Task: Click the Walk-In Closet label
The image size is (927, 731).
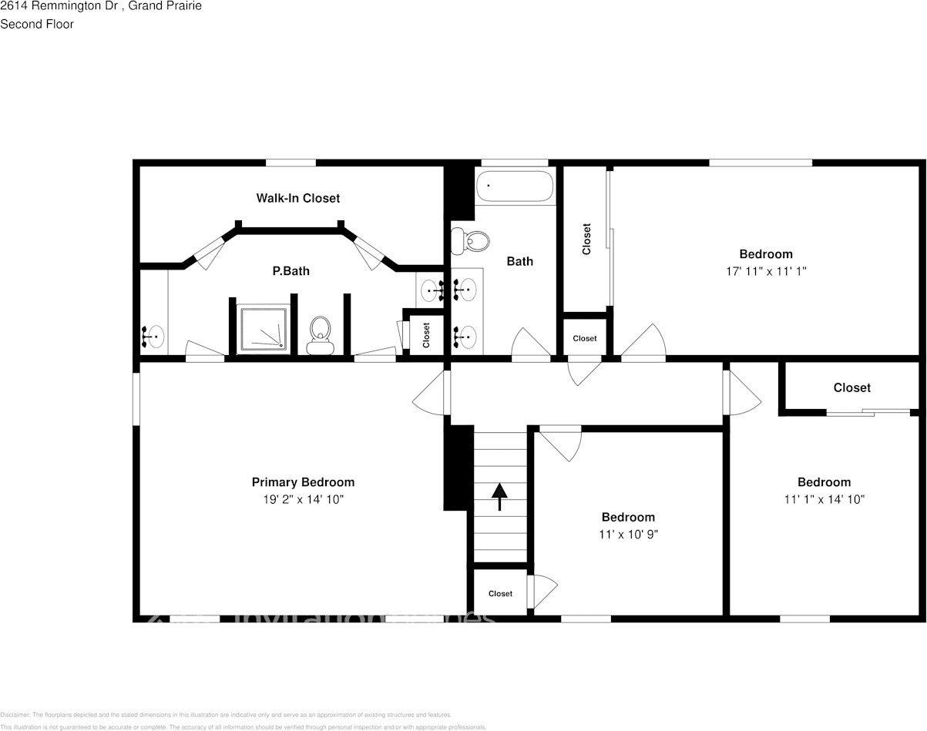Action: point(297,198)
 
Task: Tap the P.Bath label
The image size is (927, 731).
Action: point(291,271)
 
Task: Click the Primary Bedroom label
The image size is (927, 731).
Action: point(303,482)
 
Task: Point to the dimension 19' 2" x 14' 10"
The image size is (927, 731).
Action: point(303,499)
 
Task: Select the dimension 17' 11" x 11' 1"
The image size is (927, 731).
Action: point(765,271)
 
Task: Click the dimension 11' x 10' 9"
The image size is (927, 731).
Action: point(628,534)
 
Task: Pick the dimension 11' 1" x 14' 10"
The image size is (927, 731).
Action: point(824,499)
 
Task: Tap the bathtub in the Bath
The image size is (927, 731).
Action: point(514,186)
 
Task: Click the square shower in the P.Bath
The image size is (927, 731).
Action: point(264,329)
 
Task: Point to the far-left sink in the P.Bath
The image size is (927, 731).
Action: point(153,336)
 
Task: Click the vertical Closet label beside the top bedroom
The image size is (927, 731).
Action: point(586,239)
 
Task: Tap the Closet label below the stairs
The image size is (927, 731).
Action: point(500,594)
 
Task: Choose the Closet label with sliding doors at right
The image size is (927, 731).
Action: point(851,388)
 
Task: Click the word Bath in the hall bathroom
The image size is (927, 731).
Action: point(519,261)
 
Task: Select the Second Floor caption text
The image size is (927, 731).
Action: point(37,24)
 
